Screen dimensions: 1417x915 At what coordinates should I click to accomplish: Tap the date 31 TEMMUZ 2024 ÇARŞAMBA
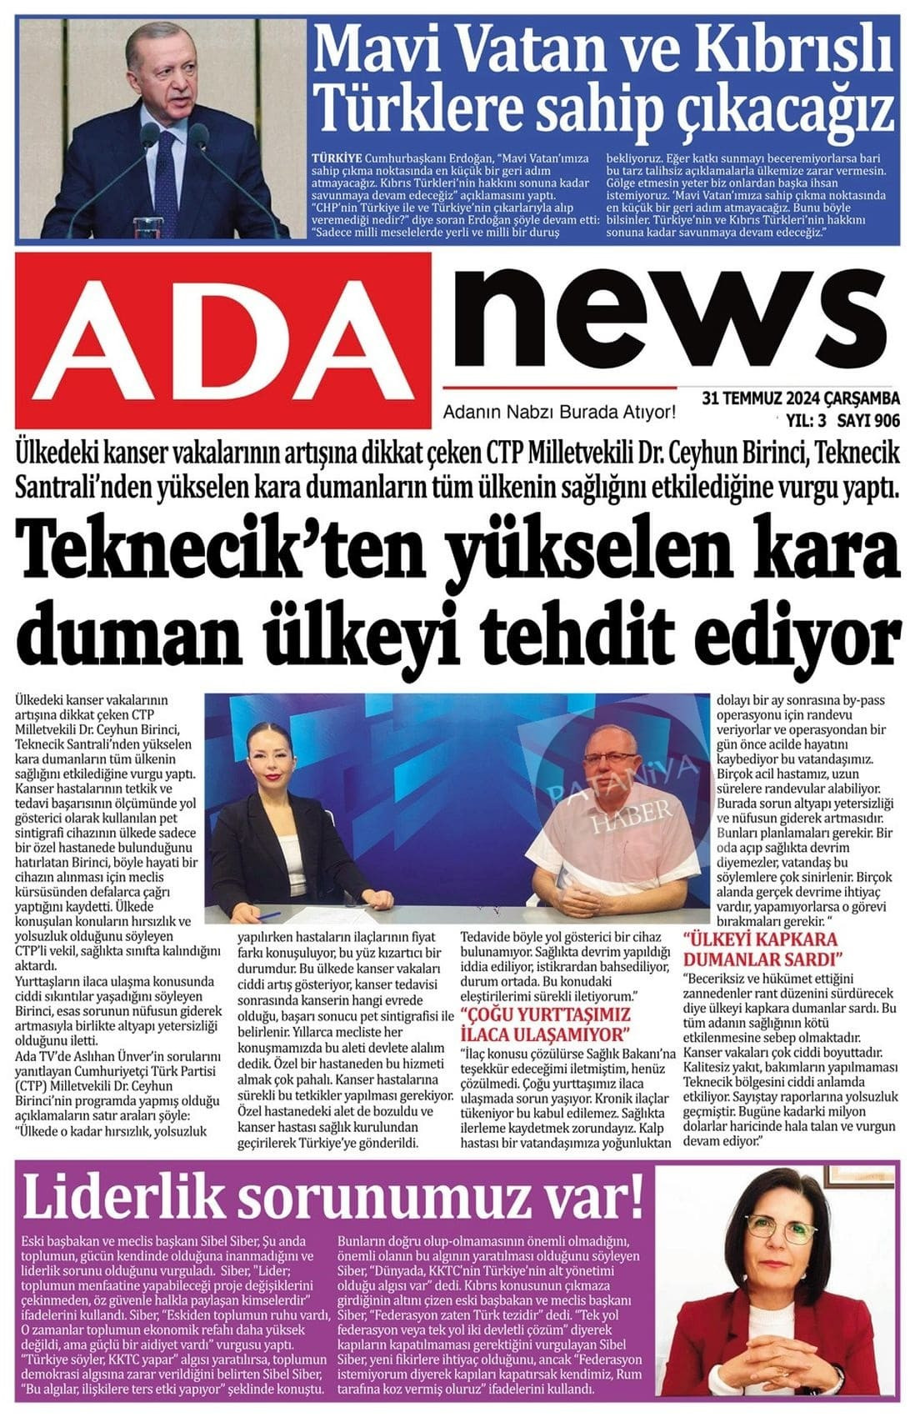tap(800, 396)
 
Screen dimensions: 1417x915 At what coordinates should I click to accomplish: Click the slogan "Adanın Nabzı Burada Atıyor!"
tap(559, 412)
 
